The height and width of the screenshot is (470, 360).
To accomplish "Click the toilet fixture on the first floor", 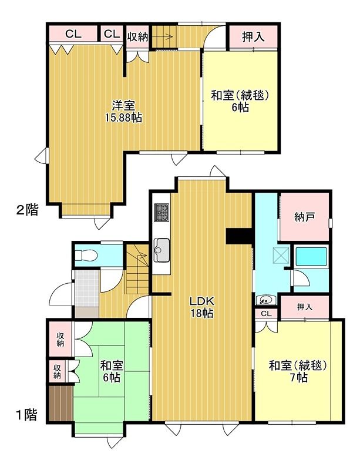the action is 86,256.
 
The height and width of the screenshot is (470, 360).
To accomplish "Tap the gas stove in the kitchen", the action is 162,213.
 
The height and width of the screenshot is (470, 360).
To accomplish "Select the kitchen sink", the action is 162,250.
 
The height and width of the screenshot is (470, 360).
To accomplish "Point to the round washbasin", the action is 265,300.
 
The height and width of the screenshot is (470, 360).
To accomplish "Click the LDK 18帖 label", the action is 203,306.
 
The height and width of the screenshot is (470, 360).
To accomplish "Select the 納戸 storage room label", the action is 304,217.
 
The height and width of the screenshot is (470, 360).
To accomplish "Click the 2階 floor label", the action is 27,210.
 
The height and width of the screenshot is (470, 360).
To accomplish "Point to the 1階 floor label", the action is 26,415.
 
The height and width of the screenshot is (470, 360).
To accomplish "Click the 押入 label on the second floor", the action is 253,36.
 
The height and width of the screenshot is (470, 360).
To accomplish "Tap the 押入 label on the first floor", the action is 305,307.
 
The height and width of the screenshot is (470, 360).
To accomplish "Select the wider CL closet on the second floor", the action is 73,33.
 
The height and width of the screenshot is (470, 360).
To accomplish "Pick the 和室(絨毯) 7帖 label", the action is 298,371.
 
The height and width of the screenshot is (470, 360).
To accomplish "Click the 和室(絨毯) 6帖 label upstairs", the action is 240,101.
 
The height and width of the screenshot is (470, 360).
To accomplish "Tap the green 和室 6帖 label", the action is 112,371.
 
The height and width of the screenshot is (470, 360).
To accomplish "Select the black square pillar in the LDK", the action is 238,236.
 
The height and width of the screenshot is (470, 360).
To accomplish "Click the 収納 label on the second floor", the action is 137,36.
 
